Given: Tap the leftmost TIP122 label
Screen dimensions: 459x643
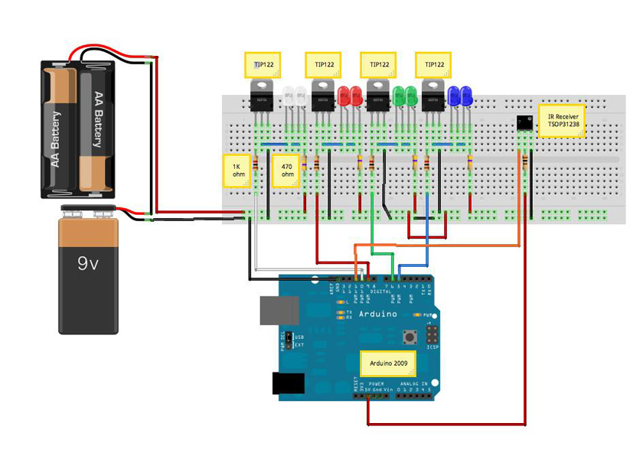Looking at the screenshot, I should click(x=263, y=64).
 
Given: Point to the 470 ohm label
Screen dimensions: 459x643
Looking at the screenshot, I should click(x=287, y=169).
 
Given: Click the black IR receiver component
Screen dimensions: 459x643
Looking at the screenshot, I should click(x=524, y=122).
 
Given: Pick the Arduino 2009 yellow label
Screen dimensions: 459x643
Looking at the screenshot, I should click(x=388, y=363).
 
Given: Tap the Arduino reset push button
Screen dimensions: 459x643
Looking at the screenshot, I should click(x=410, y=336).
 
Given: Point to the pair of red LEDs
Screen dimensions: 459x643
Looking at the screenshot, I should click(x=351, y=96).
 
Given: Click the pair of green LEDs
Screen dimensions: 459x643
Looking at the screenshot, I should click(x=404, y=96).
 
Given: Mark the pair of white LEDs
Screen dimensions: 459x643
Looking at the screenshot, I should click(x=295, y=96).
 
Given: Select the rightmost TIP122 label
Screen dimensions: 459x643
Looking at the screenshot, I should click(x=432, y=64).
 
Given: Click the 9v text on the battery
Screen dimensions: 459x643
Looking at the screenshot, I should click(x=88, y=265).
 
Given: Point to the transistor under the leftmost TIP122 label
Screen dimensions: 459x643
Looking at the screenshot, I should click(x=262, y=96).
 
